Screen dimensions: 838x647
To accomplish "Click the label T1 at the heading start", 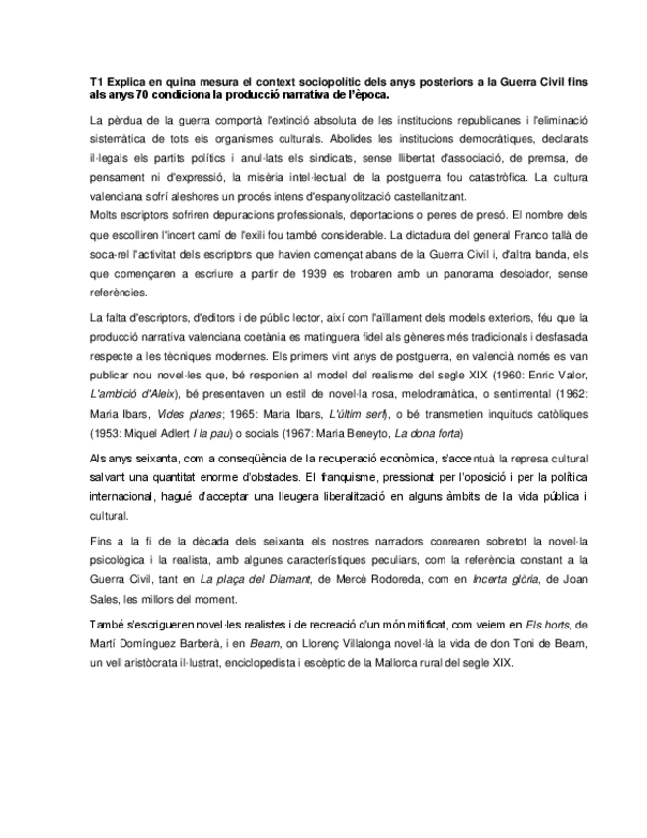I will coord(96,82).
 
